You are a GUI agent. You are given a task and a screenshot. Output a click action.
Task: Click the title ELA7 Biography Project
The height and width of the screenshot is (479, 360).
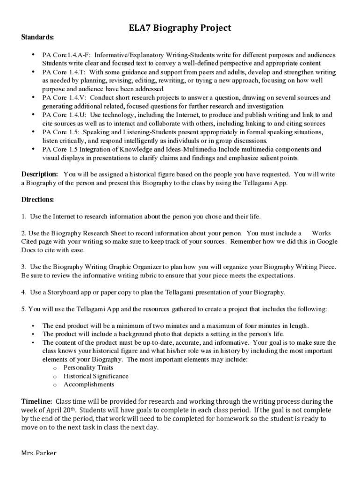[180, 28]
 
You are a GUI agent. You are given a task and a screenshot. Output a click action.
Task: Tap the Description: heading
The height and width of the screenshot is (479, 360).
[40, 174]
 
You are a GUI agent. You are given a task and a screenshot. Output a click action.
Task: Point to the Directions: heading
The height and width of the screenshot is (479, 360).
[37, 200]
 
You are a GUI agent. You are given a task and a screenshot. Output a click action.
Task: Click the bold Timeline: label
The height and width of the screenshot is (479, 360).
[37, 401]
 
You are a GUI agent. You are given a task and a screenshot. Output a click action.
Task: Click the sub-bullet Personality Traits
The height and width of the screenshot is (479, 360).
[88, 368]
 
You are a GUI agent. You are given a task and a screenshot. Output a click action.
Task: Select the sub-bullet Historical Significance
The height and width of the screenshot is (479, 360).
[96, 376]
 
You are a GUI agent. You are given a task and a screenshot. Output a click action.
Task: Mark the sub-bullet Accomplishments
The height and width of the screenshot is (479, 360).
[88, 385]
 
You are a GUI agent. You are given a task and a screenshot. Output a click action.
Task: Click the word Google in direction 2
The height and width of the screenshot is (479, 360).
[327, 242]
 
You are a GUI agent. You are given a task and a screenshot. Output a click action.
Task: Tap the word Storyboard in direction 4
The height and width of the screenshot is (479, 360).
[62, 292]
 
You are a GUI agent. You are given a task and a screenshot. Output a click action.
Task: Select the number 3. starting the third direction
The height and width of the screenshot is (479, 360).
[23, 267]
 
